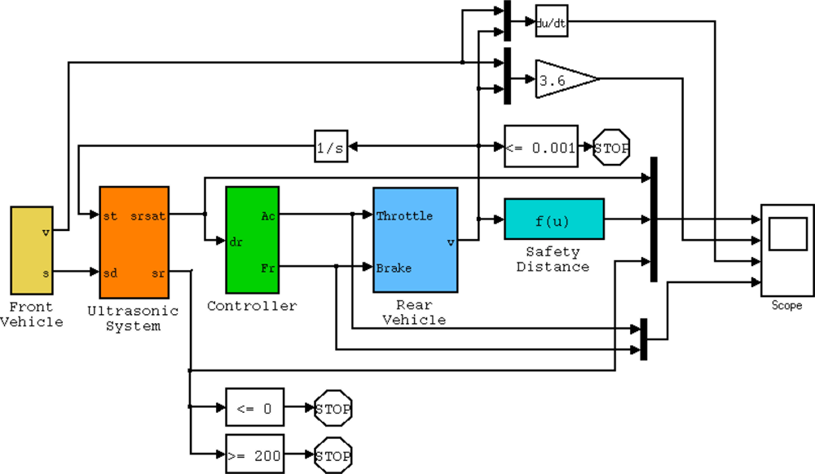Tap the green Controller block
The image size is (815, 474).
tap(252, 240)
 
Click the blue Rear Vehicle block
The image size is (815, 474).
tap(415, 239)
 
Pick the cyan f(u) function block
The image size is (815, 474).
tap(554, 219)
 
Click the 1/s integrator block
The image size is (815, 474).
tap(332, 147)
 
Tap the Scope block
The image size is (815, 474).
tap(786, 250)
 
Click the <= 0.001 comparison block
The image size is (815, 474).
tap(541, 146)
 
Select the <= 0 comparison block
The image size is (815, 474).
tap(255, 407)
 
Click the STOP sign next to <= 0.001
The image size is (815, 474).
tap(613, 147)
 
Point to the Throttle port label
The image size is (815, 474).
tap(404, 216)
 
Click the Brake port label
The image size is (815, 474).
tap(394, 268)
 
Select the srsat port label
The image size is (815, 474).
tap(148, 216)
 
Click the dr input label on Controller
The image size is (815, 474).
tap(236, 241)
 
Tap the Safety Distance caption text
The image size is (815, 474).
tap(553, 259)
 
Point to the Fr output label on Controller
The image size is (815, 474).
tap(268, 268)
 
